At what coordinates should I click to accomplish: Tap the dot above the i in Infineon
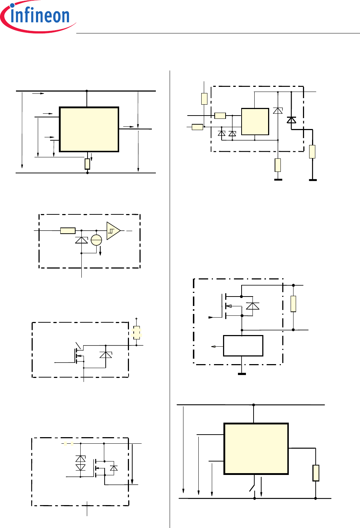12,5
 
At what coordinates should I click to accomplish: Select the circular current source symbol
96,240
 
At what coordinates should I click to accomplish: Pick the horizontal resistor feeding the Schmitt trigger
68,230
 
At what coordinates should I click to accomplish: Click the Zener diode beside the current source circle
81,240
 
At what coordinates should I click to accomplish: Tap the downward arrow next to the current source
100,251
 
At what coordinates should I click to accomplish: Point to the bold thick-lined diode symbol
291,120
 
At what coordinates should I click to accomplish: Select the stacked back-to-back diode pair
81,463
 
